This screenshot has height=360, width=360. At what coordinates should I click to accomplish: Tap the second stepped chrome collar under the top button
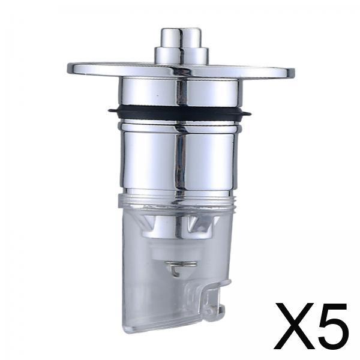coord(181,55)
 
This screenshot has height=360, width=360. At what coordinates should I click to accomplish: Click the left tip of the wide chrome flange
coord(68,68)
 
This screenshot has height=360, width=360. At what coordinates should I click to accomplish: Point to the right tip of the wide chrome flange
coord(293,72)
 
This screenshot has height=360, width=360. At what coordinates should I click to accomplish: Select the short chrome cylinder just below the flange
coord(180,92)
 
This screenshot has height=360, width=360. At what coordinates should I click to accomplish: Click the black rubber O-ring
coord(179,113)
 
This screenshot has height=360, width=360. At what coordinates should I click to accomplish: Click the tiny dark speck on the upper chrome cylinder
coord(157,95)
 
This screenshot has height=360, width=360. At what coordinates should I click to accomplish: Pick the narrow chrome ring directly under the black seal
coord(179,127)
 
